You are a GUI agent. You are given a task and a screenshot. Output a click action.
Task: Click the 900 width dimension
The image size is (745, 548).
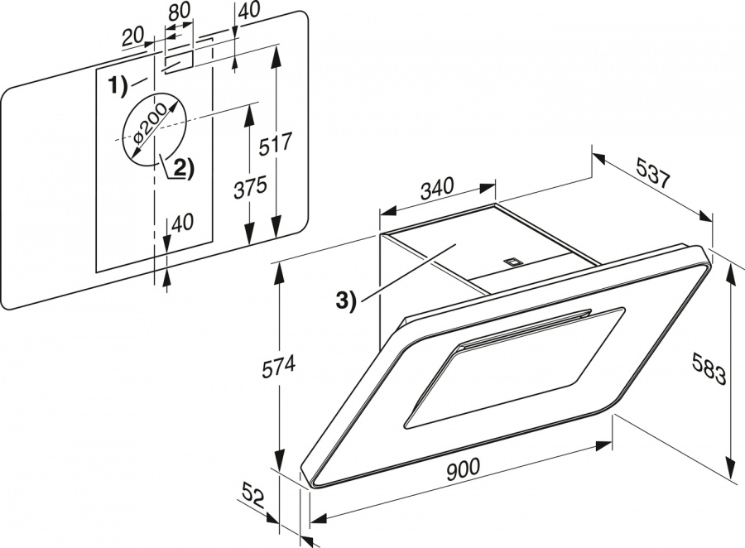pyautogui.click(x=463, y=469)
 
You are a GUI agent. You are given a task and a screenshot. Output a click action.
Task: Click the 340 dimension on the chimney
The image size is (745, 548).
pyautogui.click(x=437, y=189)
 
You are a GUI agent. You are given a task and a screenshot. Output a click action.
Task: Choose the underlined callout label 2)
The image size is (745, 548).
pyautogui.click(x=180, y=168)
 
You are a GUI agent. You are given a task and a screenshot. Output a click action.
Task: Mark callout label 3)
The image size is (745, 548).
pyautogui.click(x=345, y=300)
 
